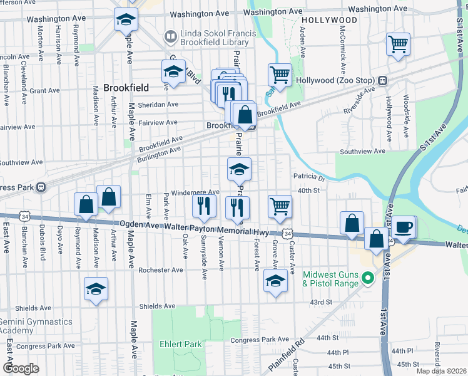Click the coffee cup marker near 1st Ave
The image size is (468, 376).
tap(404, 227)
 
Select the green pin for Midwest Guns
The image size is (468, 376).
tap(369, 279)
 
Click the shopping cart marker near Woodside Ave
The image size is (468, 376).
tap(398, 44)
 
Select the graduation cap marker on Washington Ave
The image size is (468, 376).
tap(126, 19)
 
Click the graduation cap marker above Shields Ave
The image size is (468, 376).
tap(96, 289)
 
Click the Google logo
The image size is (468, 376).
tap(21, 368)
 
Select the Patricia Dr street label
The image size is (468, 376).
tap(308, 177)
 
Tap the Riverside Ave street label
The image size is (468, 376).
tap(359, 100)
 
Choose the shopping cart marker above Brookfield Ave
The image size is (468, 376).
tap(280, 75)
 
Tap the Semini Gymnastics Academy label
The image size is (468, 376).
tap(36, 326)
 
